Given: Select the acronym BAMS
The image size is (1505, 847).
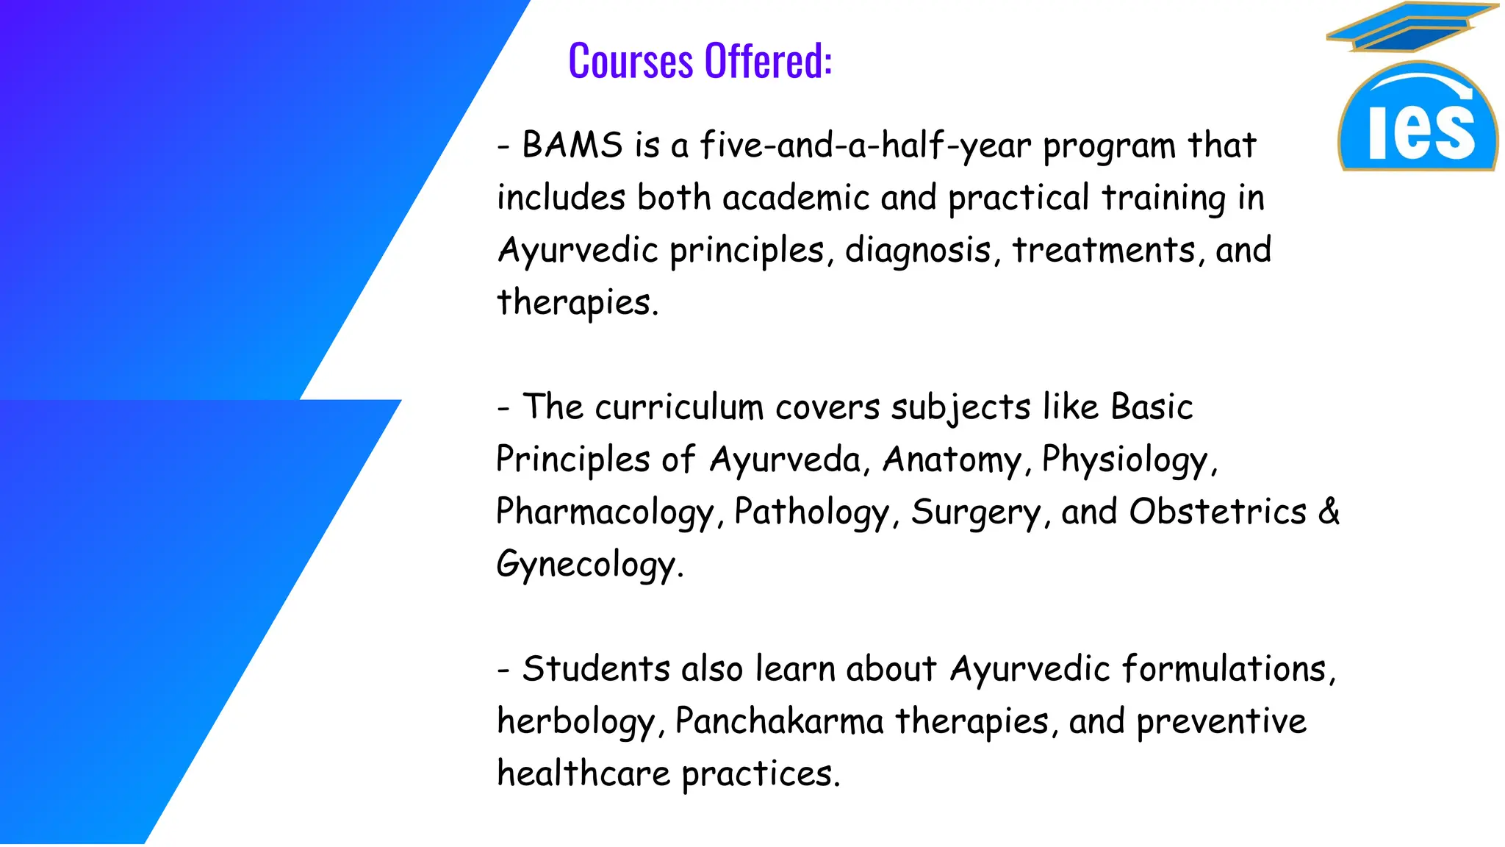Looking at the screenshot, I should [x=572, y=144].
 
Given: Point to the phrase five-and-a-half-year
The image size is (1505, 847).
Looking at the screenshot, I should [x=866, y=145].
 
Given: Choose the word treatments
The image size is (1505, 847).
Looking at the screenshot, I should [x=1104, y=250].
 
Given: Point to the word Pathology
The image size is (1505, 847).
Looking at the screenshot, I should [x=812, y=512].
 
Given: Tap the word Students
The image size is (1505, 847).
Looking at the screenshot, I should [x=596, y=669].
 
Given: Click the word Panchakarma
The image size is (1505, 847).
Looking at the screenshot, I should [x=779, y=721].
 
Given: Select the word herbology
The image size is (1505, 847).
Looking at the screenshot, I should [x=575, y=722].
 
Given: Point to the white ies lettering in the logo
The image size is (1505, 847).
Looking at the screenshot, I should [x=1421, y=132].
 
